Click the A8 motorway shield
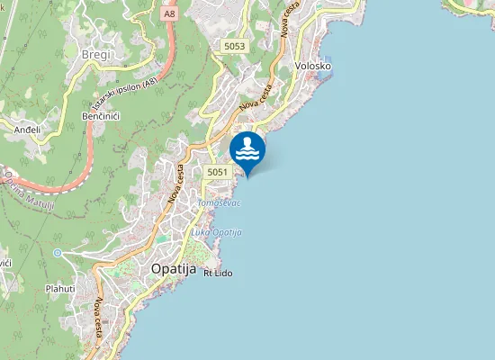tap(170, 14)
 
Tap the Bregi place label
tap(95, 56)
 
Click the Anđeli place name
tap(27, 130)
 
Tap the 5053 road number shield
tap(234, 46)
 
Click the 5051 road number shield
tap(216, 171)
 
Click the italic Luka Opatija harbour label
tap(217, 232)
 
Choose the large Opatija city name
tap(174, 268)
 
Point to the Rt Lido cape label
tap(219, 272)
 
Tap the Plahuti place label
tap(61, 289)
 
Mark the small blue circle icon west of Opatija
tap(58, 253)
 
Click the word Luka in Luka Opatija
tap(200, 232)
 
